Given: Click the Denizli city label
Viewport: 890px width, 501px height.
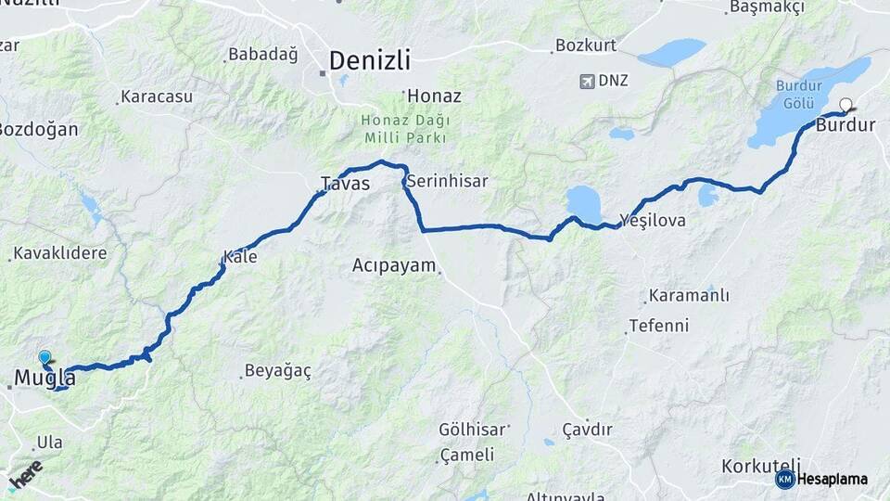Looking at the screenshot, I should [369, 61].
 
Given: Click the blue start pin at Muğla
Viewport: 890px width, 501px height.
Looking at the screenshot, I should [44, 357].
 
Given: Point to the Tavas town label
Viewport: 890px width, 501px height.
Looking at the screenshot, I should [345, 184].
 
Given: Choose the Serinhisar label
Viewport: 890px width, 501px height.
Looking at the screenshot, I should [447, 181].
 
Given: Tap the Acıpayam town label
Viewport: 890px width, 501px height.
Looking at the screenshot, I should [394, 265].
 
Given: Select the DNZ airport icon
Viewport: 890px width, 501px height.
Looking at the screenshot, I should [586, 81].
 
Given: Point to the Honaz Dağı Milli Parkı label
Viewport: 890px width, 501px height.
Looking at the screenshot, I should [405, 129].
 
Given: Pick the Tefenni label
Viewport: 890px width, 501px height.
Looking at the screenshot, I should [658, 326].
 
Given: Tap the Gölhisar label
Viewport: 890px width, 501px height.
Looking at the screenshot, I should [473, 430].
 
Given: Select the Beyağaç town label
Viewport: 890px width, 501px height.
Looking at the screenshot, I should [277, 370].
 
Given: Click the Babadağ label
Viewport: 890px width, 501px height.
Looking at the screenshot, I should [263, 55].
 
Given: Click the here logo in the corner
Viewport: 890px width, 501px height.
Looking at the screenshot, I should [25, 475].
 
